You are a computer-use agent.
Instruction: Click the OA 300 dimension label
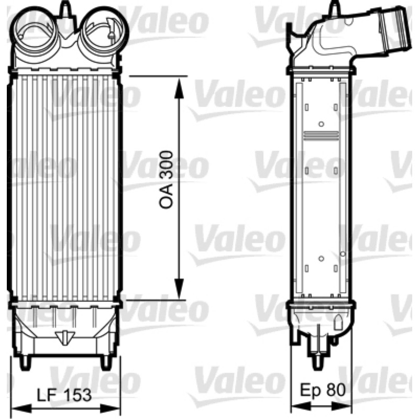pos(166,180)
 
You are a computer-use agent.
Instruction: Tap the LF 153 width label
pos(64,395)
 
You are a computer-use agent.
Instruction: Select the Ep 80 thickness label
pos(323,390)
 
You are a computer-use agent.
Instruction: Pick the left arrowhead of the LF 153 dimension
pos(22,409)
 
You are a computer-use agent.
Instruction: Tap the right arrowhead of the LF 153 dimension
pos(110,409)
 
